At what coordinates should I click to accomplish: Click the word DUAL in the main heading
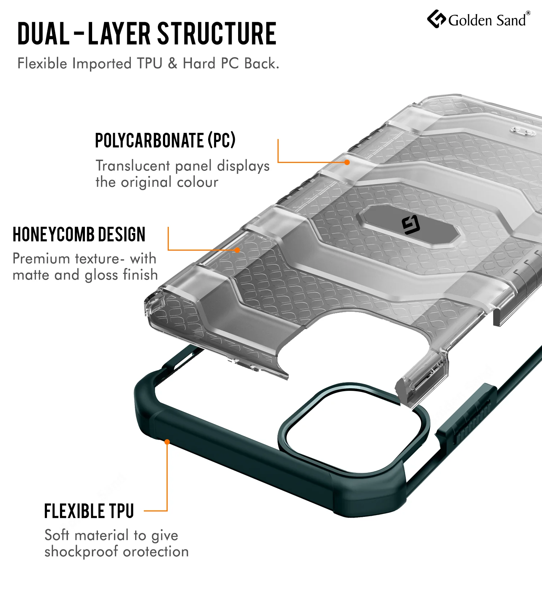coord(43,34)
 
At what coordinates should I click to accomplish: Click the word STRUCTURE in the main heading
coord(217,34)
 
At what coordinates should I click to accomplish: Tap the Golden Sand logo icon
coord(436,19)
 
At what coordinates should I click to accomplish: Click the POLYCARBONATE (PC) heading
coord(165,140)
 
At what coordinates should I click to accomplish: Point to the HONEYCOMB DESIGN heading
coord(79,234)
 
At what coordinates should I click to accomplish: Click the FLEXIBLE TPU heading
coord(89,511)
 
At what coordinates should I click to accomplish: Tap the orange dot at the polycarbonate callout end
coord(347,162)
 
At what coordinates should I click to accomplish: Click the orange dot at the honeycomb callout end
coord(237,250)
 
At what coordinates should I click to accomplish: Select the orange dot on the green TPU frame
coord(167,442)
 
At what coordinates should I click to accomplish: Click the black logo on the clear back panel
coord(411,224)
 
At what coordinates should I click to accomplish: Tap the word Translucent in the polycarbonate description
coord(133,166)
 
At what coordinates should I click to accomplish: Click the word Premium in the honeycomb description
coord(41,259)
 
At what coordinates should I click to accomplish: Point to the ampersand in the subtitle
coord(173,63)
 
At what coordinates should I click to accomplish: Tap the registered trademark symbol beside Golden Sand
coord(528,13)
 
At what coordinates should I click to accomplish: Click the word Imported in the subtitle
coord(102,64)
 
